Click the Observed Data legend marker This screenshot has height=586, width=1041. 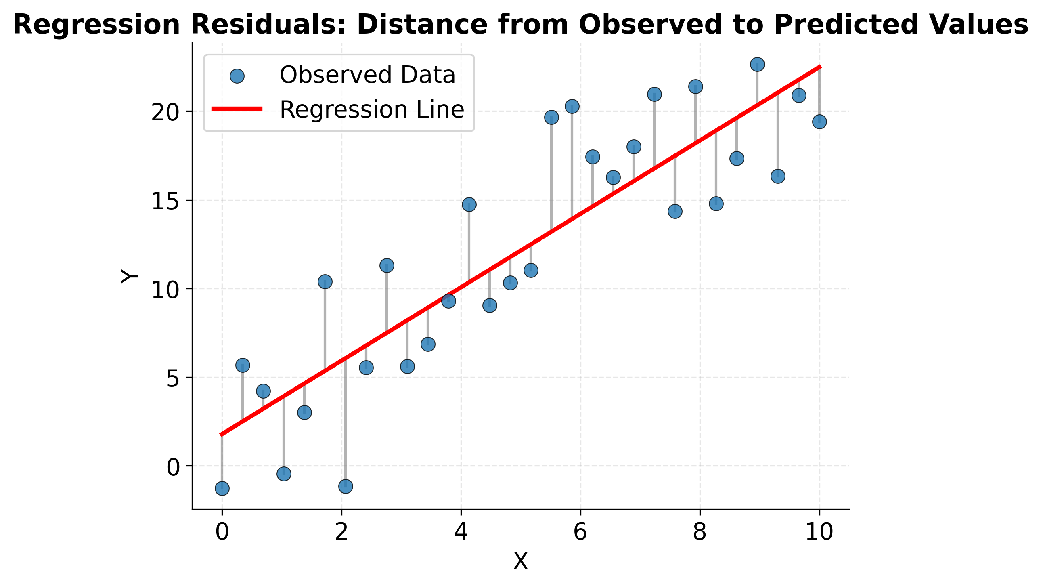(237, 76)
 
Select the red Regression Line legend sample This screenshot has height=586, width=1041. (237, 108)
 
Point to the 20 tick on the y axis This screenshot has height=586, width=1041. (165, 112)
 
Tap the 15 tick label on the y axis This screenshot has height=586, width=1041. (165, 201)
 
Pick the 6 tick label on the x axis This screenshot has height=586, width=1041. (580, 532)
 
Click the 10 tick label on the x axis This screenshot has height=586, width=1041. (819, 532)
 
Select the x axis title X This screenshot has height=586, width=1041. (521, 562)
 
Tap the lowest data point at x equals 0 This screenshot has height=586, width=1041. (222, 489)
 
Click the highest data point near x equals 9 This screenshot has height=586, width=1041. (757, 64)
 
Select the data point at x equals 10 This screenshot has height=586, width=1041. (819, 122)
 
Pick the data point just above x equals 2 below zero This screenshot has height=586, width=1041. (346, 486)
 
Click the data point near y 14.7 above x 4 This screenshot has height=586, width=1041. (469, 205)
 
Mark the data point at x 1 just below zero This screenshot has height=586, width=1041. (284, 474)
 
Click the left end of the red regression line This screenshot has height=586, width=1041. (222, 435)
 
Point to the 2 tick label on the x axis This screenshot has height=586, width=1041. (341, 532)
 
